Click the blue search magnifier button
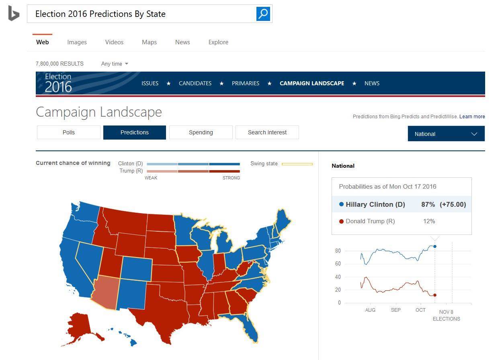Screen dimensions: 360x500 pyautogui.click(x=263, y=14)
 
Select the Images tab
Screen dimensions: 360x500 pyautogui.click(x=77, y=42)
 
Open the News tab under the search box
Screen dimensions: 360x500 pyautogui.click(x=182, y=42)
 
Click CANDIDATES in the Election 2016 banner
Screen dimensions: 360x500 pyautogui.click(x=195, y=83)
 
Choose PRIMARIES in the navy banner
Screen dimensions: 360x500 pyautogui.click(x=246, y=83)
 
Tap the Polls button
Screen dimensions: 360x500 pyautogui.click(x=69, y=132)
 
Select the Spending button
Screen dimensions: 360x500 pyautogui.click(x=201, y=132)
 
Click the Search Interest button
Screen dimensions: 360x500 pyautogui.click(x=267, y=132)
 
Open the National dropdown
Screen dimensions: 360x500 pyautogui.click(x=446, y=134)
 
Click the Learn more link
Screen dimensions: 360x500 pyautogui.click(x=472, y=117)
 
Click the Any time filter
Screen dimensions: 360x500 pyautogui.click(x=115, y=64)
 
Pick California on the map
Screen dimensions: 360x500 pyautogui.click(x=72, y=265)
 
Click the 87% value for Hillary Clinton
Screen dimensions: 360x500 pyautogui.click(x=428, y=204)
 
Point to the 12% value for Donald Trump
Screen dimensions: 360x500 pyautogui.click(x=429, y=221)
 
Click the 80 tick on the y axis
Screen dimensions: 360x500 pyautogui.click(x=338, y=251)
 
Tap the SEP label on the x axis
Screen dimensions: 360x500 pyautogui.click(x=395, y=310)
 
